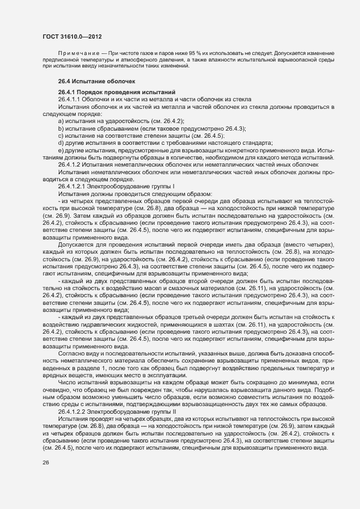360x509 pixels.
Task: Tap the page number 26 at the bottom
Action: coord(46,463)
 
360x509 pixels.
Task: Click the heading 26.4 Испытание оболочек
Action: coord(93,81)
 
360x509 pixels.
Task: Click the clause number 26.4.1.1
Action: coord(70,99)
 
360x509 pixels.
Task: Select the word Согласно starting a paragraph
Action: coord(71,353)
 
